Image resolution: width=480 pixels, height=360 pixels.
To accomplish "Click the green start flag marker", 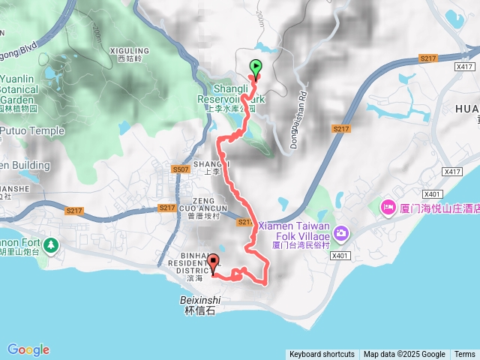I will click(x=256, y=68).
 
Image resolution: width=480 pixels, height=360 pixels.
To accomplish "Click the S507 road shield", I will click(x=179, y=169).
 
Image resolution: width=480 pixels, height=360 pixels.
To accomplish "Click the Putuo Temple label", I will click(x=32, y=130).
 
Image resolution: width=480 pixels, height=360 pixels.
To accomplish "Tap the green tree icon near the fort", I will click(x=50, y=244).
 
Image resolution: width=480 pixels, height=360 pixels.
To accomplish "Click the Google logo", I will click(x=28, y=349).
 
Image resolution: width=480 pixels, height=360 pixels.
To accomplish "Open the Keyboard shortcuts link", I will click(x=322, y=355).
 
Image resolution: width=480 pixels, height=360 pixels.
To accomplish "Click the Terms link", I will click(x=464, y=355).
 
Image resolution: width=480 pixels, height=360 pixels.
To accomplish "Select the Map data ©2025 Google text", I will click(x=404, y=355).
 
